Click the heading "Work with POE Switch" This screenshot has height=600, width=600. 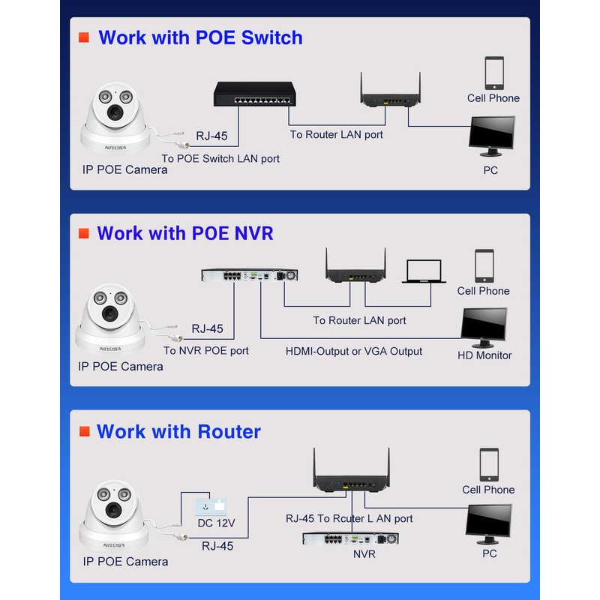[x=200, y=37]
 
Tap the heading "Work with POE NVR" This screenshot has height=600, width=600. [x=185, y=233]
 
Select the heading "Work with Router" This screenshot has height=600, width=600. [x=178, y=431]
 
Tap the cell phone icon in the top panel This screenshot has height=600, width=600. [x=494, y=73]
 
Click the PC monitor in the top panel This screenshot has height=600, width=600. [x=492, y=135]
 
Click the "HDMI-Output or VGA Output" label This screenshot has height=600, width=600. [x=354, y=351]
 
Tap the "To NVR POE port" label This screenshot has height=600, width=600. [x=206, y=350]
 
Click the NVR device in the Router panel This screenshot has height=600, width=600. [x=350, y=538]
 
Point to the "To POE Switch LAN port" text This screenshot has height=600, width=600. [x=221, y=158]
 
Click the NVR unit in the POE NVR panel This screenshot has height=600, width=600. [x=250, y=275]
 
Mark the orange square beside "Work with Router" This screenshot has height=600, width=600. [x=84, y=431]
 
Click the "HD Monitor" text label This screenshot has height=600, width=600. [x=484, y=355]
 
